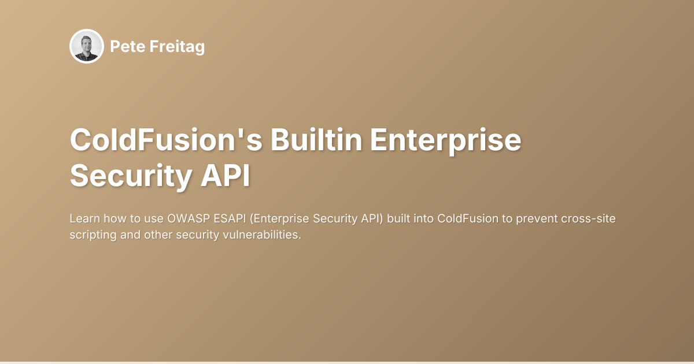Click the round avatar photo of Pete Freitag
87,46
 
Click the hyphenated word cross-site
597,219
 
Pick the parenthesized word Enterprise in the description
279,219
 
